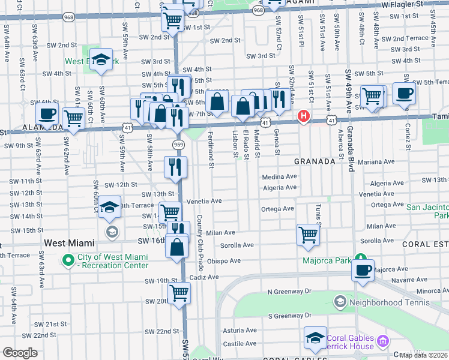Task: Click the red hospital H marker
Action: pyautogui.click(x=304, y=116)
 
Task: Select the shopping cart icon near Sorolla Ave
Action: pyautogui.click(x=308, y=235)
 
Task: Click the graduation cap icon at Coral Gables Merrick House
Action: pyautogui.click(x=315, y=338)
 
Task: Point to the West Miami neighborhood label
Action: pyautogui.click(x=70, y=243)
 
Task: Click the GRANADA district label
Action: pyautogui.click(x=314, y=162)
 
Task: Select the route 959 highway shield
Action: pyautogui.click(x=178, y=145)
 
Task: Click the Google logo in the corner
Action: pyautogui.click(x=19, y=353)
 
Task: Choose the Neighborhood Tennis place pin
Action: pyautogui.click(x=340, y=301)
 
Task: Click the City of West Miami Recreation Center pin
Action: pyautogui.click(x=69, y=261)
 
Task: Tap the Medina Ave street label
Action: pyautogui.click(x=279, y=177)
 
